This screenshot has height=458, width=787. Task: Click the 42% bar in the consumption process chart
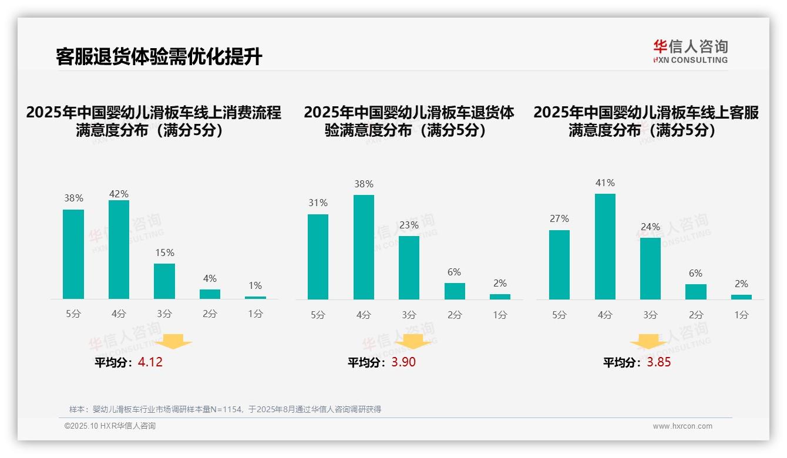(x=119, y=250)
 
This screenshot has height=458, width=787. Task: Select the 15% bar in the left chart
(x=164, y=281)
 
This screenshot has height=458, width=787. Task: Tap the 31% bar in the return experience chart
(x=318, y=257)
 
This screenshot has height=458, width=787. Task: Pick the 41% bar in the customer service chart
(x=605, y=247)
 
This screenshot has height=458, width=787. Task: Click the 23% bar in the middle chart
(x=409, y=268)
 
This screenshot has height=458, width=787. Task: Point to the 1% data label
(x=255, y=286)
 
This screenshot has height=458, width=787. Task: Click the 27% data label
(x=559, y=218)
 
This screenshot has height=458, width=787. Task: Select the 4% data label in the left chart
(x=210, y=278)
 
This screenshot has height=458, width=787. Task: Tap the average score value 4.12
(x=150, y=362)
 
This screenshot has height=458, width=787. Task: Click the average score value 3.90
(x=403, y=362)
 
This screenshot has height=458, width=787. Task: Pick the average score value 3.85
(x=659, y=362)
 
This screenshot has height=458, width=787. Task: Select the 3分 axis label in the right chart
(x=650, y=315)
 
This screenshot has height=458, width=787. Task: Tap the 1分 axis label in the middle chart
(x=500, y=315)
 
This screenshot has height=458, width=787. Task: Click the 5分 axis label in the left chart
(x=73, y=314)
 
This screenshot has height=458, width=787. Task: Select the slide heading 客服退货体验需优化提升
(x=159, y=57)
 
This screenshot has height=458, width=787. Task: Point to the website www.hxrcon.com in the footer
(x=682, y=426)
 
